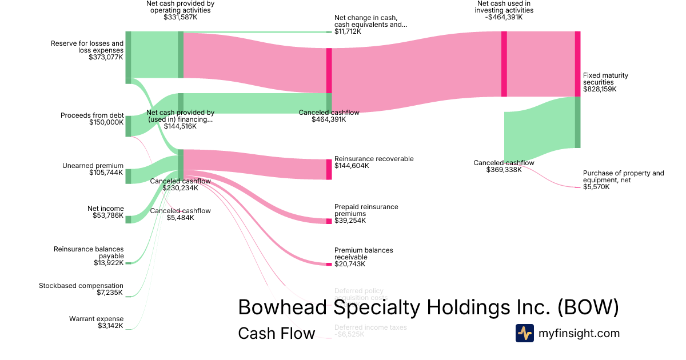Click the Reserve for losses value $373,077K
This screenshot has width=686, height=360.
tap(106, 57)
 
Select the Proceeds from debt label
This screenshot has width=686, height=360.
tap(92, 115)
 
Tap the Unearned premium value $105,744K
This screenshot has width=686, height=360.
tap(106, 173)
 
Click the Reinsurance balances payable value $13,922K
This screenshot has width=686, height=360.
tap(109, 263)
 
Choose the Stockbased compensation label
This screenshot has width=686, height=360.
tap(81, 286)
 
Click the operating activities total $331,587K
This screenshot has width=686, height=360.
tap(180, 17)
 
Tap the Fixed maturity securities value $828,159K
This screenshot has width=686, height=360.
tap(600, 89)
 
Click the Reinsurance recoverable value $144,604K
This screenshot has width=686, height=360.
tap(352, 166)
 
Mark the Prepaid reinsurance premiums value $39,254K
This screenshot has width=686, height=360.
tap(351, 221)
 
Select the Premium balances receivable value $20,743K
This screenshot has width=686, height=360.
tap(351, 264)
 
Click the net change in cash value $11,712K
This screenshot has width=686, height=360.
tap(348, 31)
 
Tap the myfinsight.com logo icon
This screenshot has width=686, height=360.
tap(524, 333)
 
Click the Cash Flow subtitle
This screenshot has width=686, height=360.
tap(276, 333)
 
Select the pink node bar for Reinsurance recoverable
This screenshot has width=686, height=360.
tap(329, 169)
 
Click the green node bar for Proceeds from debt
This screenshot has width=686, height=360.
tap(128, 126)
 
